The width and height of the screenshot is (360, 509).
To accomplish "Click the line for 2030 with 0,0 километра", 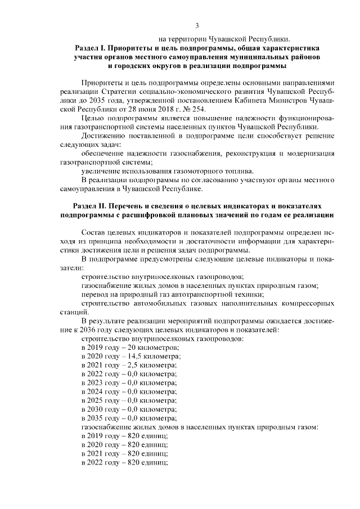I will click(x=129, y=409).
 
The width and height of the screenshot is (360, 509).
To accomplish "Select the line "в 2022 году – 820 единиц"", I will click(x=125, y=462).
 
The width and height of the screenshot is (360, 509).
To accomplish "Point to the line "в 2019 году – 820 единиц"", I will click(x=125, y=436).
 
